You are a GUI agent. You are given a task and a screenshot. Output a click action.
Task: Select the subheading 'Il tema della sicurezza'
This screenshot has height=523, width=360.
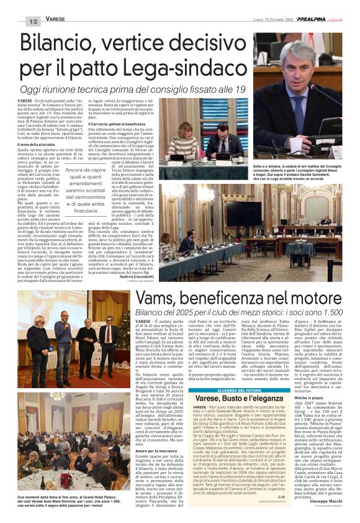click(39, 144)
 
